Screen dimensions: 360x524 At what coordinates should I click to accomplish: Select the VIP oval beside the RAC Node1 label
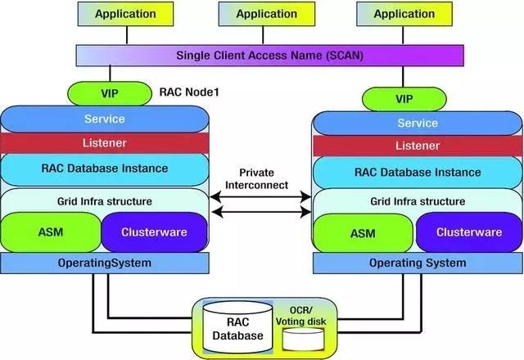point(115,92)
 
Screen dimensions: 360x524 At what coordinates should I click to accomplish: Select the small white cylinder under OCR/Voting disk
point(305,341)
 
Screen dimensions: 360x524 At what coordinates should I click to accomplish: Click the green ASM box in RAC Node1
point(50,232)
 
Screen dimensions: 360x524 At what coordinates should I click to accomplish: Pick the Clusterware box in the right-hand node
point(463,232)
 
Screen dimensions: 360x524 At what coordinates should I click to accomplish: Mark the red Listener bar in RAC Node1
point(104,142)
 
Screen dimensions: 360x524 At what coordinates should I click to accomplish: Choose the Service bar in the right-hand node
point(417,123)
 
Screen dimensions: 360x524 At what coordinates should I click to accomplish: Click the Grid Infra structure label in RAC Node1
point(104,200)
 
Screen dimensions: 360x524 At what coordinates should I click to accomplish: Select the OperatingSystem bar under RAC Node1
point(104,263)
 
